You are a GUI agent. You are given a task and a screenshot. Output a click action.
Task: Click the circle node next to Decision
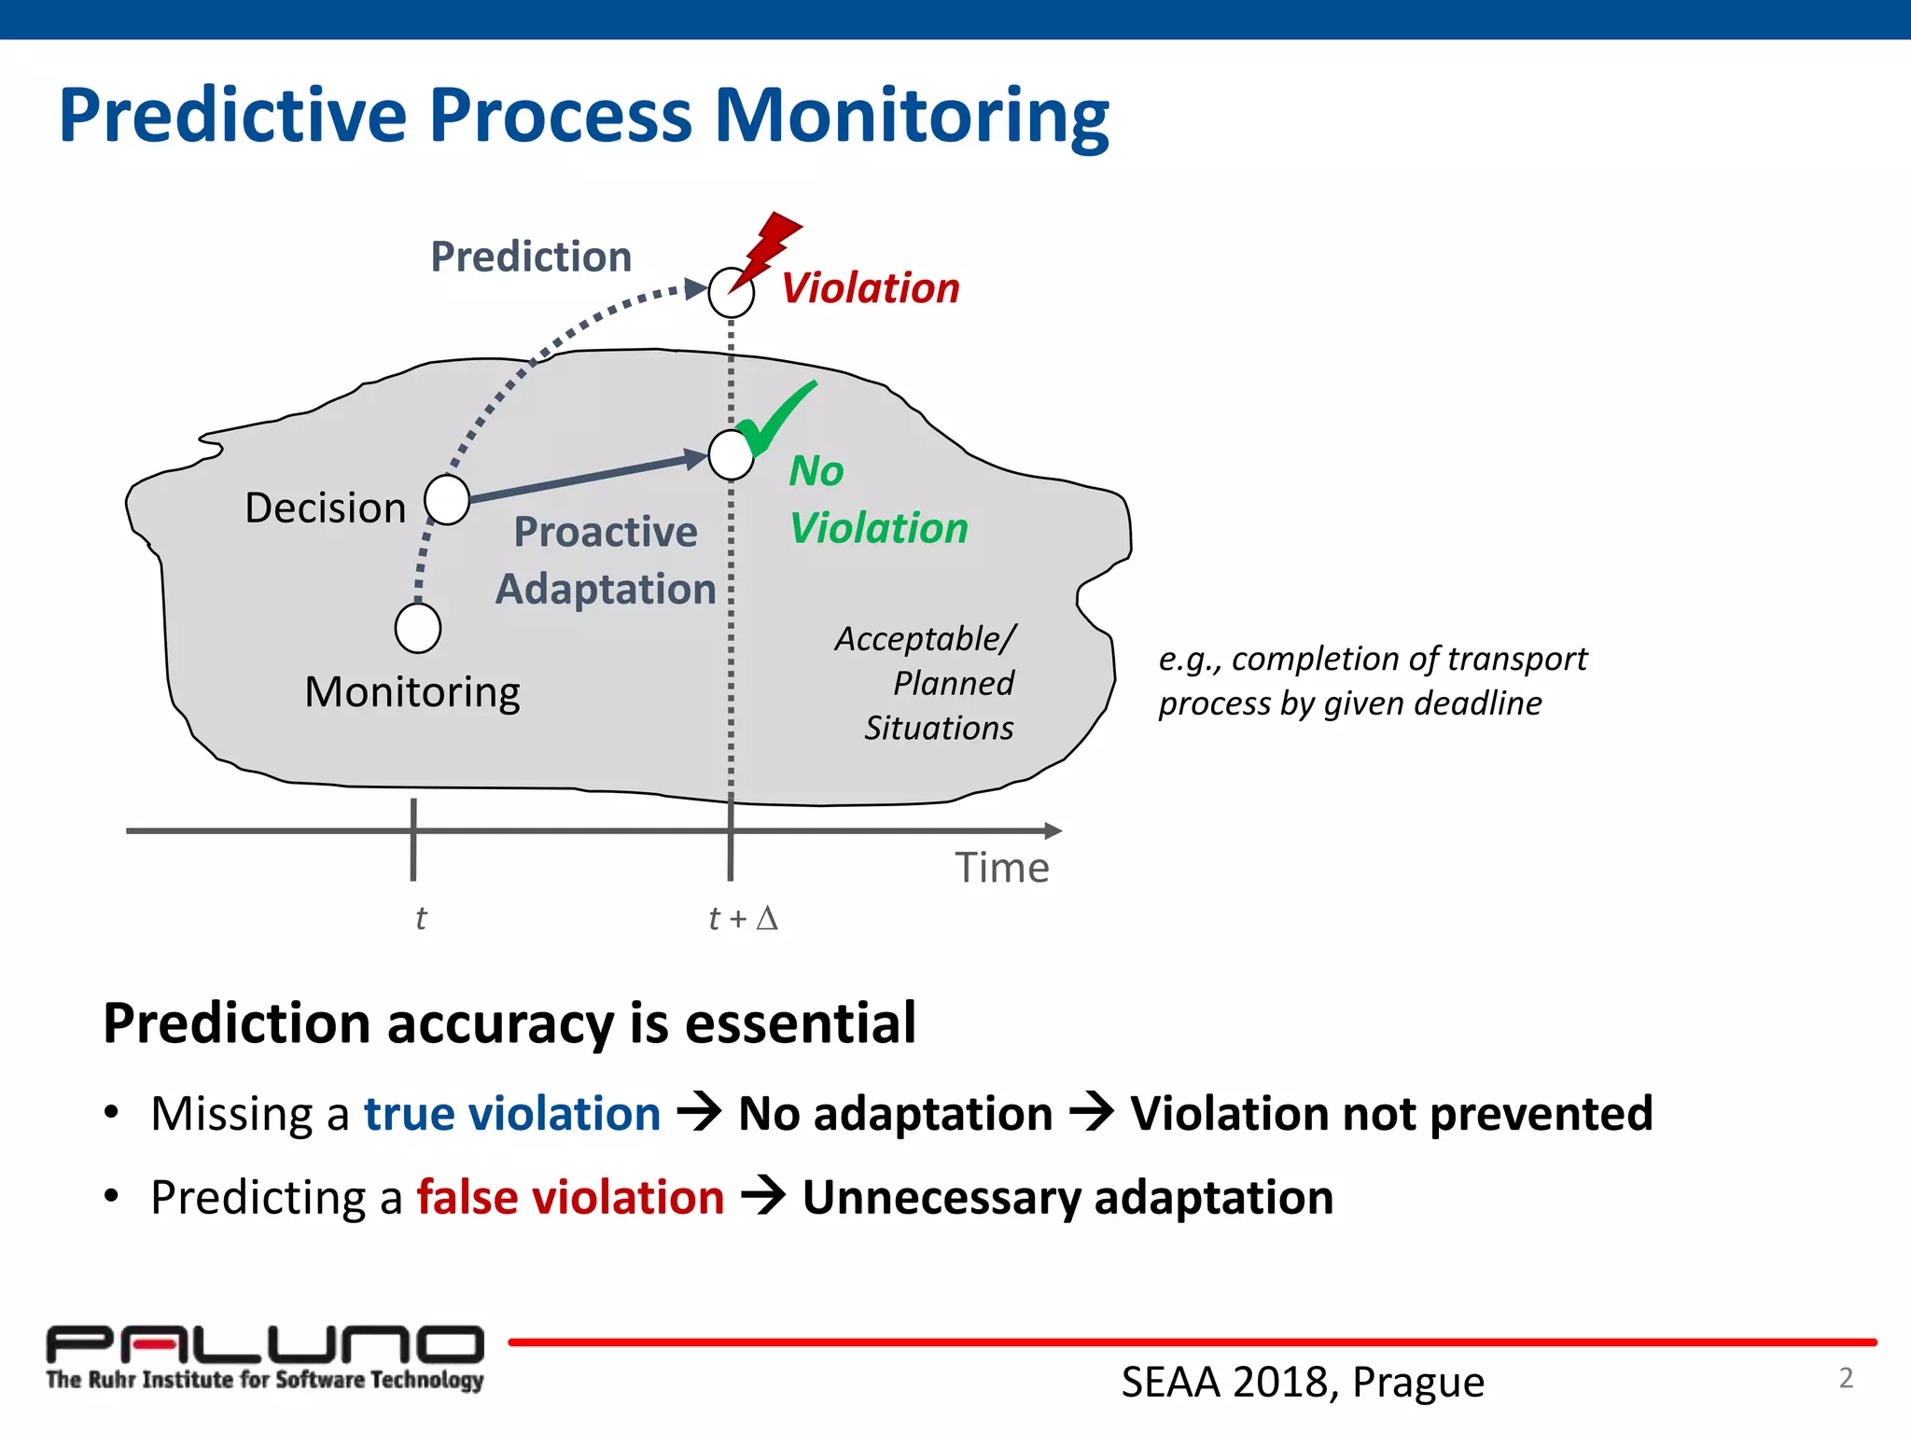(x=447, y=500)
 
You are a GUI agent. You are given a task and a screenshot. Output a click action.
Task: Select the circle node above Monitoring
(x=418, y=628)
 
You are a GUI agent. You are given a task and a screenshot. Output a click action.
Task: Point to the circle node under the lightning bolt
(x=731, y=294)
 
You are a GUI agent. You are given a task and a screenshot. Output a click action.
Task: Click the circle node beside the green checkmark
(x=731, y=455)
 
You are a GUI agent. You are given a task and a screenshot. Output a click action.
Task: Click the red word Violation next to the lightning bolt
(x=871, y=288)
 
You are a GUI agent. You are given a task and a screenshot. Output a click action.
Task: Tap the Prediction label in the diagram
(x=531, y=257)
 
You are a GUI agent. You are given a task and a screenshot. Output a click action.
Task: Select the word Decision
(x=326, y=508)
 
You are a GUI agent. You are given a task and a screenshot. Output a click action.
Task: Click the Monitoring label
(x=412, y=693)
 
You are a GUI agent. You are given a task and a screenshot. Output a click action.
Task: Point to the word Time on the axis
(x=1001, y=869)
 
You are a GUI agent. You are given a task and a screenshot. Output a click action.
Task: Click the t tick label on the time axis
(x=421, y=919)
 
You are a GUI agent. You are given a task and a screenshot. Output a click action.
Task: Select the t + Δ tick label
(x=743, y=919)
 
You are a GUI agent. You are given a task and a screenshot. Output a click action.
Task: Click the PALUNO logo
(x=265, y=1357)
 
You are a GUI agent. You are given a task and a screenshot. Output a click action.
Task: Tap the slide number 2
(x=1846, y=1378)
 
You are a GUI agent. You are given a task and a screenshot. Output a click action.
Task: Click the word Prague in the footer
(x=1417, y=1383)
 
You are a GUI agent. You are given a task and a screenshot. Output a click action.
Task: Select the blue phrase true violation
(x=512, y=1114)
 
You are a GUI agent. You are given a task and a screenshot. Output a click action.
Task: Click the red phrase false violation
(x=570, y=1198)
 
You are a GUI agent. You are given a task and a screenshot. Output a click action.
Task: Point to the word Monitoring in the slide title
(x=912, y=117)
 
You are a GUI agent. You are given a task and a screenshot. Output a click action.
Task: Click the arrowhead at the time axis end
(x=1053, y=830)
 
